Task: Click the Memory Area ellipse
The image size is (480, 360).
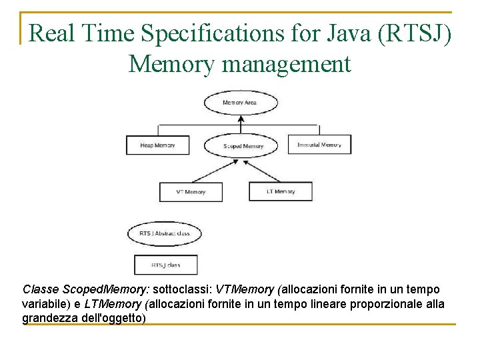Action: click(240, 103)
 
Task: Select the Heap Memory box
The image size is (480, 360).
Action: click(157, 145)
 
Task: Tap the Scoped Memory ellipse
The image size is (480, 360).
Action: click(243, 145)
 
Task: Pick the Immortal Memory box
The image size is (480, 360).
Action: click(319, 145)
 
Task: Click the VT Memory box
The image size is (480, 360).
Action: click(191, 192)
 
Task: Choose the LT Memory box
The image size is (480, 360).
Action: click(280, 191)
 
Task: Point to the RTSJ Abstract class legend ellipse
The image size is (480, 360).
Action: click(164, 233)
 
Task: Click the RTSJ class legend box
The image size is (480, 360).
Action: click(166, 265)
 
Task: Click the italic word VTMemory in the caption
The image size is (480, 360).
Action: click(246, 290)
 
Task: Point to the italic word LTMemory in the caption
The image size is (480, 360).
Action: click(113, 304)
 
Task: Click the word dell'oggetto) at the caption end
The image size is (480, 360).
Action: click(113, 318)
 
